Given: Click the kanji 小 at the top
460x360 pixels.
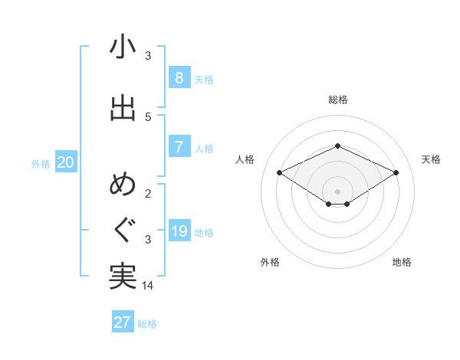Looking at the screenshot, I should pyautogui.click(x=123, y=47).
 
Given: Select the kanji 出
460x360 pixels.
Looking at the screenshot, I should pyautogui.click(x=123, y=108).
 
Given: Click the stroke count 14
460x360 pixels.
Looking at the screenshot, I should pyautogui.click(x=149, y=286).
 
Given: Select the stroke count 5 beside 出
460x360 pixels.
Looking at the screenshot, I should pyautogui.click(x=148, y=116).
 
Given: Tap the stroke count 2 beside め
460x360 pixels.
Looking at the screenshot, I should pyautogui.click(x=148, y=193).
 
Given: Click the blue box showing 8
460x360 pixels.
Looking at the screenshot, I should pyautogui.click(x=179, y=77).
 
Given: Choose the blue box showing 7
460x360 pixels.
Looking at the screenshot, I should pyautogui.click(x=179, y=146).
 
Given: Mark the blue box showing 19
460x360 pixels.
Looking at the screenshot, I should pyautogui.click(x=179, y=231).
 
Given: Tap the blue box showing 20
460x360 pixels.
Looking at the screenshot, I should pyautogui.click(x=65, y=162).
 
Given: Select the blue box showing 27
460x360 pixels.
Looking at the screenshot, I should pyautogui.click(x=123, y=322).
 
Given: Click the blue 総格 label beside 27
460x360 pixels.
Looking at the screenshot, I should pyautogui.click(x=147, y=324).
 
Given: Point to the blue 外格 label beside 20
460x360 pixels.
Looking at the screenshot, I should pyautogui.click(x=41, y=163).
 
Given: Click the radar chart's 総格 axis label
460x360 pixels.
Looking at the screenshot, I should pyautogui.click(x=337, y=100).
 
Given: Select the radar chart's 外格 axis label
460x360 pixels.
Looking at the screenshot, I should pyautogui.click(x=269, y=262).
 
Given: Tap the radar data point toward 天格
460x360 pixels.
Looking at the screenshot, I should pyautogui.click(x=396, y=173).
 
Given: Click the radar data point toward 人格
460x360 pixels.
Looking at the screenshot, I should pyautogui.click(x=280, y=173).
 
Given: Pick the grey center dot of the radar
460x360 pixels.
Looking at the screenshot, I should pyautogui.click(x=337, y=190).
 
